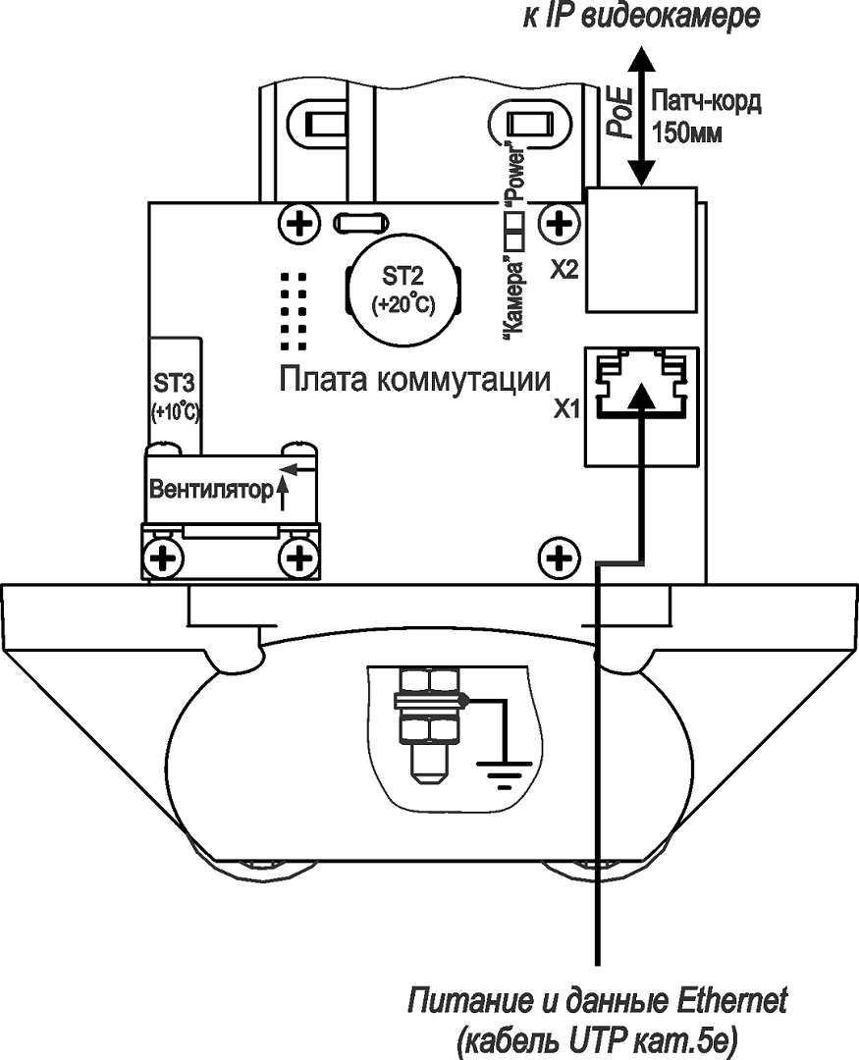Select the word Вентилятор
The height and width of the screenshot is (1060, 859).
(x=208, y=490)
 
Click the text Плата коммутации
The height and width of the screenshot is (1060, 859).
(x=414, y=379)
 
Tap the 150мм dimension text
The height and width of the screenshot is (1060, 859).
(x=688, y=132)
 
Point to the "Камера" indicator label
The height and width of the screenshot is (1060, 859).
(x=510, y=294)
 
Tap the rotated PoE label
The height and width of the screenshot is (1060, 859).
(x=617, y=111)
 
